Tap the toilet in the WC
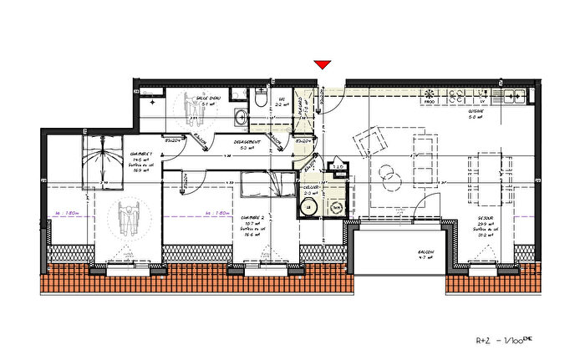point(261,100)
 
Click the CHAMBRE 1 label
point(140,154)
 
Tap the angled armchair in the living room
point(369,141)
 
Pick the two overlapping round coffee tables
point(388,175)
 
